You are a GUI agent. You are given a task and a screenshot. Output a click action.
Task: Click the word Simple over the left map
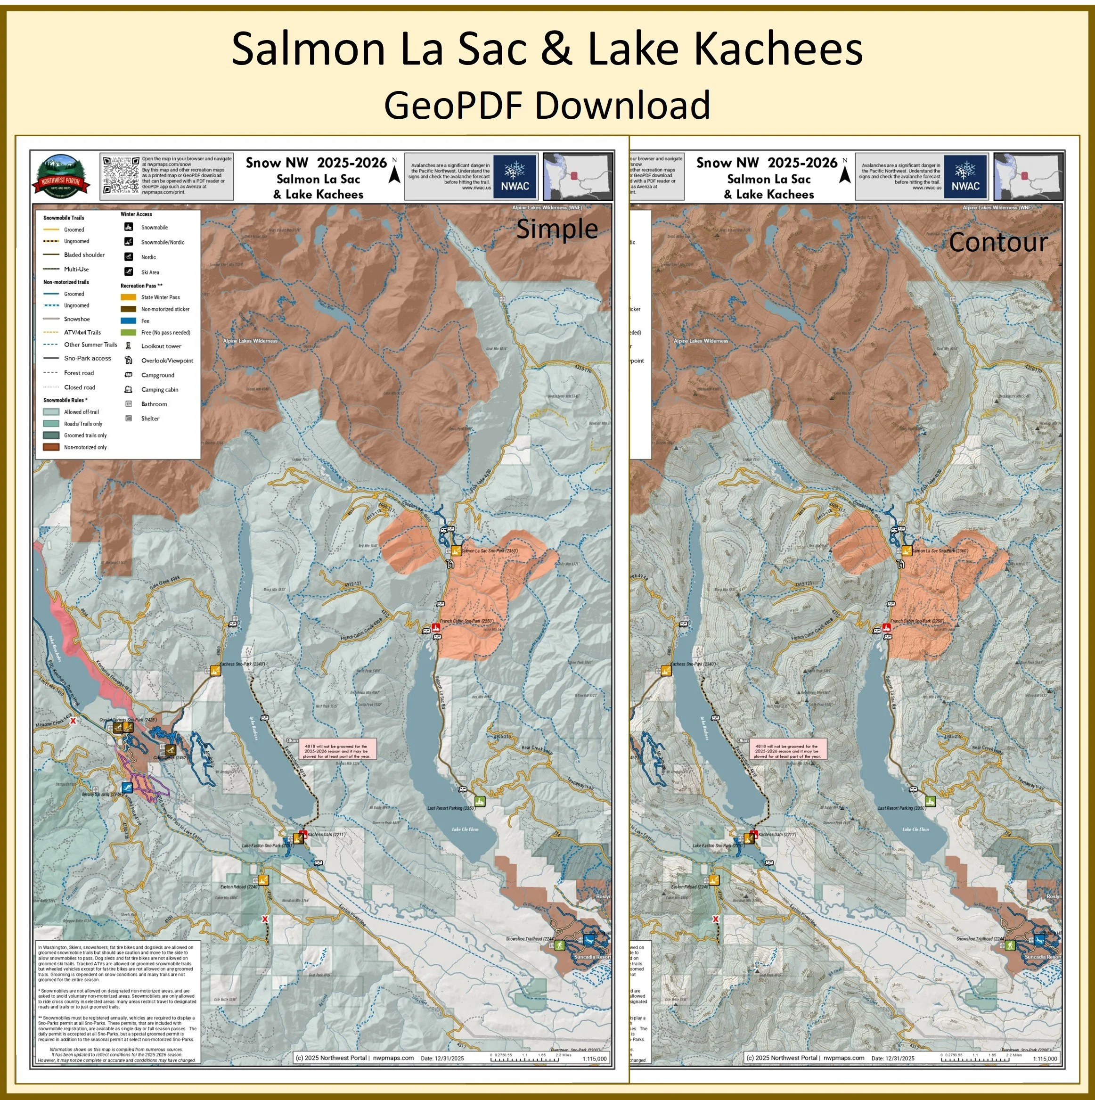(x=556, y=229)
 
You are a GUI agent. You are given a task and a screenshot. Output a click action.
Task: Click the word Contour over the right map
(x=997, y=243)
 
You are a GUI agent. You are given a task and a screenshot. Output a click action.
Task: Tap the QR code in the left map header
(x=121, y=175)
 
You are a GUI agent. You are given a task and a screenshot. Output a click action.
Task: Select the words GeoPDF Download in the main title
(x=547, y=105)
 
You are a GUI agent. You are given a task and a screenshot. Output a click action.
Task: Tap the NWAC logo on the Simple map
(x=515, y=177)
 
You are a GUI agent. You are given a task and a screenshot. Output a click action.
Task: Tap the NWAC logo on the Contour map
(x=965, y=177)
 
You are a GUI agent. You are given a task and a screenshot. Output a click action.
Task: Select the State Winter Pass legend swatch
(x=129, y=297)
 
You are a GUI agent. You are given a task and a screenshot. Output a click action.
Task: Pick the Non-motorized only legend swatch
(x=51, y=448)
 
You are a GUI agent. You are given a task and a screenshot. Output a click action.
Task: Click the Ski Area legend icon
(x=129, y=272)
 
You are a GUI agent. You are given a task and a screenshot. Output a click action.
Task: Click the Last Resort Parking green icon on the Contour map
(x=930, y=801)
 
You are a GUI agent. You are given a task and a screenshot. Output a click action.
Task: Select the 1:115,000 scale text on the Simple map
(x=595, y=1059)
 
